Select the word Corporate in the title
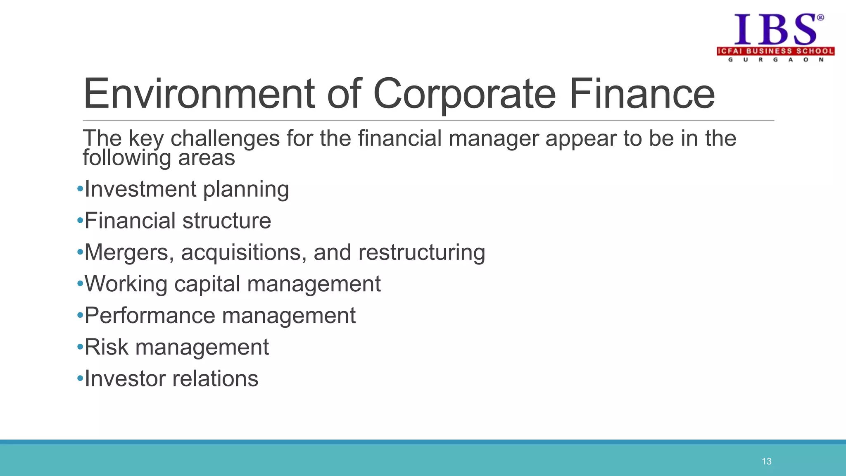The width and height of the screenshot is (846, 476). (464, 94)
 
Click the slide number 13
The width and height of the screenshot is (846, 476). (767, 462)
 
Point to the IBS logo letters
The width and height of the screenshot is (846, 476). (774, 29)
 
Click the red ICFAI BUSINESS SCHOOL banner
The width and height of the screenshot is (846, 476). (775, 51)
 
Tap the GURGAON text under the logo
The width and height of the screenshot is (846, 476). (775, 60)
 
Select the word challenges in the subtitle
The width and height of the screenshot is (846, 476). (225, 138)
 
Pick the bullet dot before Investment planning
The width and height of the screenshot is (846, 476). (80, 190)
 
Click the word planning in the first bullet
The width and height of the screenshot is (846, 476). (246, 190)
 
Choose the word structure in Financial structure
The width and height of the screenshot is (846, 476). (226, 221)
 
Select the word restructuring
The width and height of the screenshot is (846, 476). (421, 252)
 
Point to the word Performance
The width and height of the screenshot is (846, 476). (150, 316)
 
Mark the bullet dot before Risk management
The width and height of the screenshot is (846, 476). (80, 347)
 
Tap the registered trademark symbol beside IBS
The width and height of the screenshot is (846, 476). (820, 17)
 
